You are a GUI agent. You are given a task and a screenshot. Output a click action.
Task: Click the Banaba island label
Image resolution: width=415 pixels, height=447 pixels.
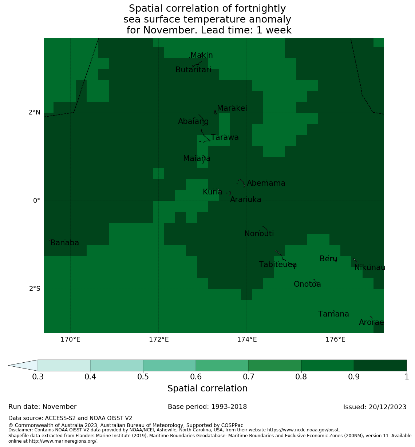[64, 243]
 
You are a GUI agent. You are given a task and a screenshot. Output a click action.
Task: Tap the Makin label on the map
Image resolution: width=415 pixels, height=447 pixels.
[201, 55]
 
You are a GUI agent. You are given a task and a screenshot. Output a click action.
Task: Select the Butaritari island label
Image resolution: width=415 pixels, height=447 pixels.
[193, 70]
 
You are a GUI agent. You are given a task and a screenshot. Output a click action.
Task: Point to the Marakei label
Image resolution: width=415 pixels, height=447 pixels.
[232, 108]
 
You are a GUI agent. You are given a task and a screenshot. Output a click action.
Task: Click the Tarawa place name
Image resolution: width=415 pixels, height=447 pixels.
[225, 137]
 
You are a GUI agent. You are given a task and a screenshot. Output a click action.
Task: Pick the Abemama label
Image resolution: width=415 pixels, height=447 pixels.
[266, 183]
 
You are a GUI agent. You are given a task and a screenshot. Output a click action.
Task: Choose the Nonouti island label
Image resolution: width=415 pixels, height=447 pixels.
[259, 234]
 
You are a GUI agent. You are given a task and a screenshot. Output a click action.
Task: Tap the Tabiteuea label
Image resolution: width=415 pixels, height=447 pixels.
[278, 265]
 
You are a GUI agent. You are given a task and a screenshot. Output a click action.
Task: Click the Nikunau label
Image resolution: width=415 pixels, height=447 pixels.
[369, 267]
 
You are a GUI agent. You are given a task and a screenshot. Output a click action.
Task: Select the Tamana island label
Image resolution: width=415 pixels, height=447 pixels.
[333, 314]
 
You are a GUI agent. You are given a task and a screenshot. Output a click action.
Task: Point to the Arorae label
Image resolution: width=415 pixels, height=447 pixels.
[371, 322]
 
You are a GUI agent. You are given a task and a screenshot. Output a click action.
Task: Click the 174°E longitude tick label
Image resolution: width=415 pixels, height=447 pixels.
[247, 340]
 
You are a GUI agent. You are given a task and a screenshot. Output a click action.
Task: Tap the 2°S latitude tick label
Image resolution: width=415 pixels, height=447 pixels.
[35, 289]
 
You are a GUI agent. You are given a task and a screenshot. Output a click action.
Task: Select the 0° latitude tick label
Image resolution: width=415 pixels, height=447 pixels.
[36, 201]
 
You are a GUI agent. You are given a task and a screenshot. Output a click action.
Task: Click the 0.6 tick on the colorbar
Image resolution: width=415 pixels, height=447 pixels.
[196, 376]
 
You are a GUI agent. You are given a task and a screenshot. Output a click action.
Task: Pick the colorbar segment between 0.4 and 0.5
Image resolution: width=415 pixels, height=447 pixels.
[116, 365]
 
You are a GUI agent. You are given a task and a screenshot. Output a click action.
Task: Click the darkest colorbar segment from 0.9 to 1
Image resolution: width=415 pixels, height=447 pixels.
[380, 365]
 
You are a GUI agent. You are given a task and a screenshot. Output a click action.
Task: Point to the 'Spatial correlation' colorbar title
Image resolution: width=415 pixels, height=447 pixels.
[207, 388]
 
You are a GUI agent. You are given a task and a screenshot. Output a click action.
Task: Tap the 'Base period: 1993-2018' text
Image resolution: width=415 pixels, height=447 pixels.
[207, 407]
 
